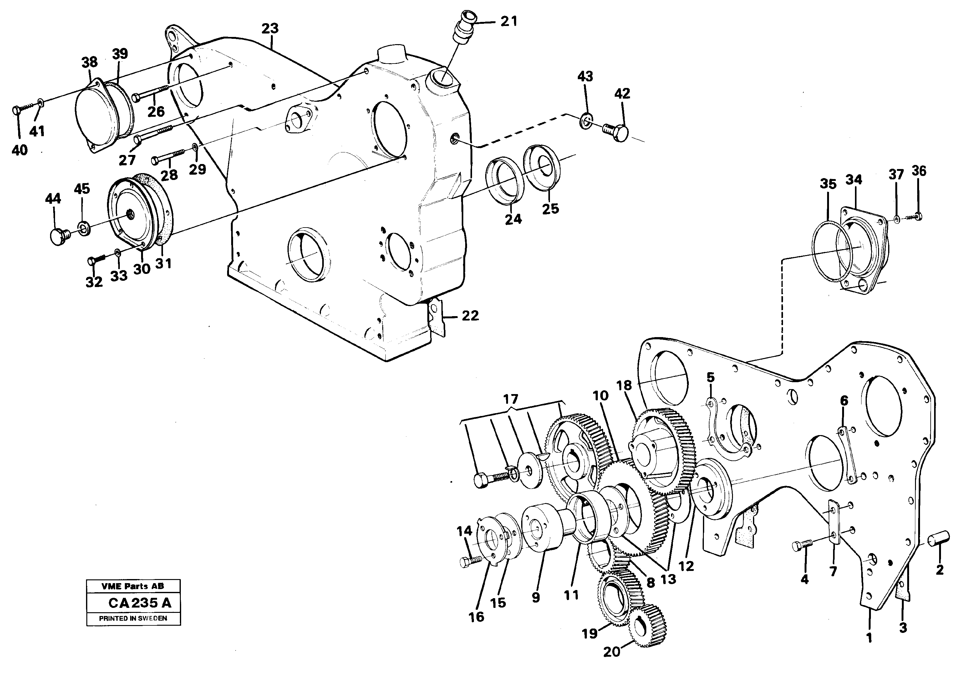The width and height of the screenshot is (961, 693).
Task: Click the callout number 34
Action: pos(853,180)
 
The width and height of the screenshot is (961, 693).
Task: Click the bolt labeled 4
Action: pos(802,545)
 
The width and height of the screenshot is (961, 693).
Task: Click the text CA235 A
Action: pos(140,602)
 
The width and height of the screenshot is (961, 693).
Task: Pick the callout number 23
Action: pos(270,28)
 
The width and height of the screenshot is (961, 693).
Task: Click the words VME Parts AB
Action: pos(133,586)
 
